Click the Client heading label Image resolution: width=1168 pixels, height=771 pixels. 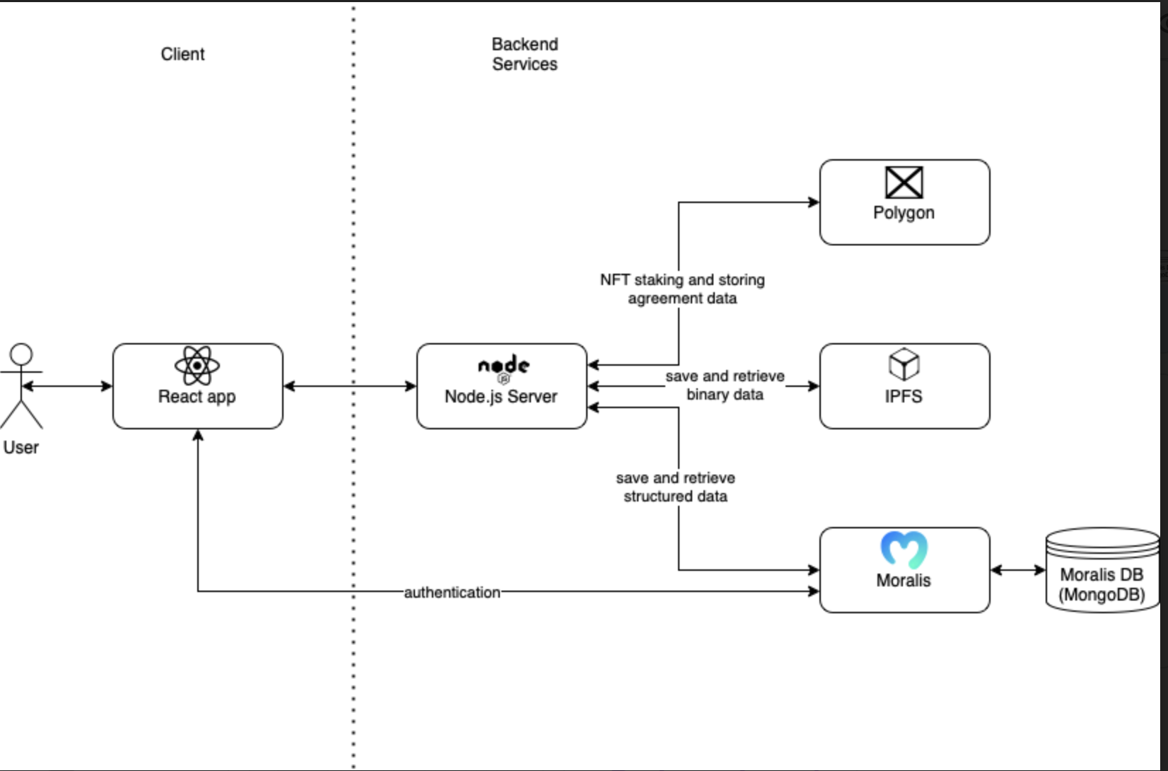[182, 54]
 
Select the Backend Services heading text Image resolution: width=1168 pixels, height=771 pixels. [525, 54]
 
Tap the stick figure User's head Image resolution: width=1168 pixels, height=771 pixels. [21, 354]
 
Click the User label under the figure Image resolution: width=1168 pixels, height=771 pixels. [21, 448]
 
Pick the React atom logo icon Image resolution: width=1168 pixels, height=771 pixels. [197, 366]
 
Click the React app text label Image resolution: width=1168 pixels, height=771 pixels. [197, 397]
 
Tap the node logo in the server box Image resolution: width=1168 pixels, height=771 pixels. [503, 366]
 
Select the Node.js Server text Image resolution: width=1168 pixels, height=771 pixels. [501, 397]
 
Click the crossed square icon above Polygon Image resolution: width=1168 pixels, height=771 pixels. [904, 182]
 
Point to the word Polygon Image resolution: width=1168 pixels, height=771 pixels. [904, 213]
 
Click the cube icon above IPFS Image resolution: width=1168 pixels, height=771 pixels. [904, 365]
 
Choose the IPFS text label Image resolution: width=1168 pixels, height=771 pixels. [903, 397]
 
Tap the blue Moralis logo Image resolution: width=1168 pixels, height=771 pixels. [904, 549]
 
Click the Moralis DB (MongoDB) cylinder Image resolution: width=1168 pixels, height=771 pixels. [1102, 570]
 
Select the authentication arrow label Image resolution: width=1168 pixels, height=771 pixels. [452, 592]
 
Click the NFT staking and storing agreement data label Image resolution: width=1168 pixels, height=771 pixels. [682, 289]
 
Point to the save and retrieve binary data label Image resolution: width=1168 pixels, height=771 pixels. [725, 385]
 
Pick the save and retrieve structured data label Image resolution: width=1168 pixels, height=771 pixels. [675, 487]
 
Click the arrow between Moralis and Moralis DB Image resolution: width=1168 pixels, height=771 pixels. [1017, 570]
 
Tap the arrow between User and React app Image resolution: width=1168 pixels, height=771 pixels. [68, 386]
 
